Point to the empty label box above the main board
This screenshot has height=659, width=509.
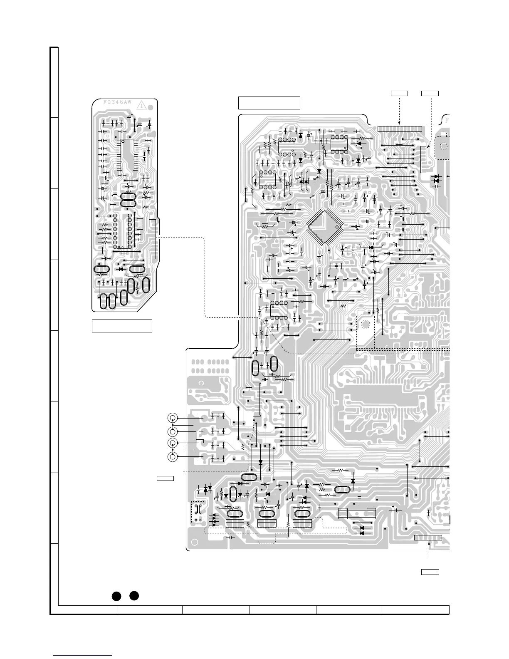coord(269,102)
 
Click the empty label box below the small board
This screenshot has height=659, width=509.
coord(122,326)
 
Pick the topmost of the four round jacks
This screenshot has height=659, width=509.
coord(172,418)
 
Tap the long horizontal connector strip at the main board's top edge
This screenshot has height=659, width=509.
coord(400,129)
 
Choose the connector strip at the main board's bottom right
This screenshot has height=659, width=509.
coord(428,538)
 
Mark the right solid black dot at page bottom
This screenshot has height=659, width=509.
coord(133,595)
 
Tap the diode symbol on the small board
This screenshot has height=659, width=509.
coord(121,269)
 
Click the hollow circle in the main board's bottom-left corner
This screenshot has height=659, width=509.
coord(193,543)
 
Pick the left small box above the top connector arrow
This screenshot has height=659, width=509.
coord(399,93)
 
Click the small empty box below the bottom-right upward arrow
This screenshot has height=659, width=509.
coord(430,572)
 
